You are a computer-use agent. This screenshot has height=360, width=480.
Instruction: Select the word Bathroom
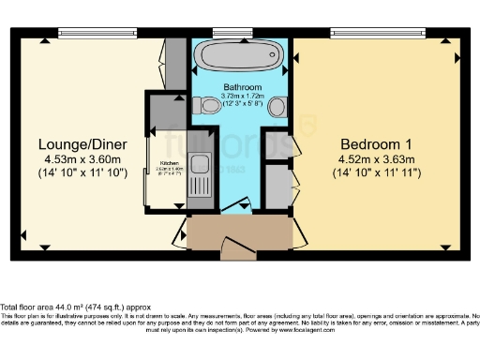click(x=240, y=86)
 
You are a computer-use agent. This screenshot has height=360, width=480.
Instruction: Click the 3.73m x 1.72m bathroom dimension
click(x=240, y=96)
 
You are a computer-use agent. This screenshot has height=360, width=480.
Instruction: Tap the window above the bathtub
click(x=226, y=33)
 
